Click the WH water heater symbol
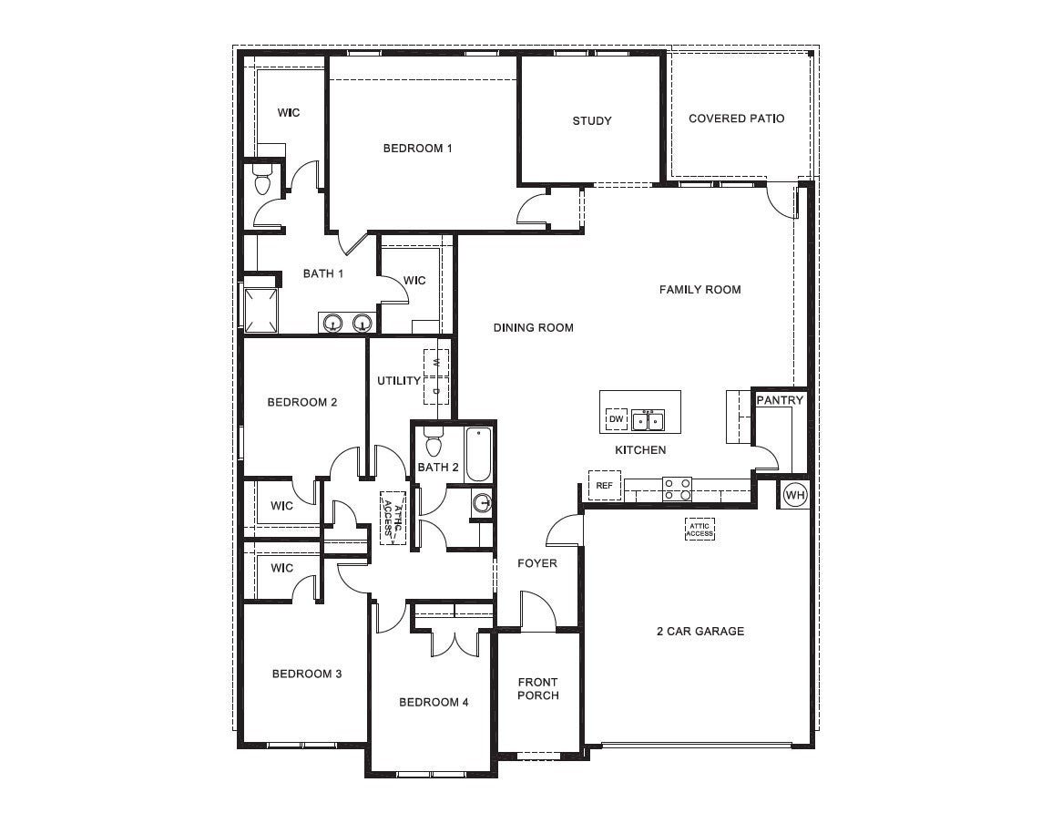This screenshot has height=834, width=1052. click(794, 495)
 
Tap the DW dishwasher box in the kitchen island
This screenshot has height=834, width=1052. click(617, 419)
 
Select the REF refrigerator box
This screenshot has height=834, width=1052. click(604, 486)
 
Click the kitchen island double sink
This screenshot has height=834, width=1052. click(648, 420)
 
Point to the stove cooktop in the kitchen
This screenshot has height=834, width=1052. click(677, 489)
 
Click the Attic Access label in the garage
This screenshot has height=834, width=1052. click(700, 530)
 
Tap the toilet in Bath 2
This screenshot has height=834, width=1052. click(433, 444)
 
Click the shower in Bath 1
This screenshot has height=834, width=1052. click(260, 309)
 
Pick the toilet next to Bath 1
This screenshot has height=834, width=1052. click(262, 180)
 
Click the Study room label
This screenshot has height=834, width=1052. click(592, 121)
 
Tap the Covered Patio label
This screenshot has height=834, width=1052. click(736, 118)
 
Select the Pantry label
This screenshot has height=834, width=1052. click(781, 400)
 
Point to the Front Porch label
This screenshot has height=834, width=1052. click(537, 689)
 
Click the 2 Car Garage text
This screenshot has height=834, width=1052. click(700, 631)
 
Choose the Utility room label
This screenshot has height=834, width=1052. click(399, 381)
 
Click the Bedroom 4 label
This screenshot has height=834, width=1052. click(434, 703)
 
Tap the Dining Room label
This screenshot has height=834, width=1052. click(534, 327)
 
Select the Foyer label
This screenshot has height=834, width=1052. click(537, 563)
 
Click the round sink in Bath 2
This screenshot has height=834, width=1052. click(483, 502)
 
